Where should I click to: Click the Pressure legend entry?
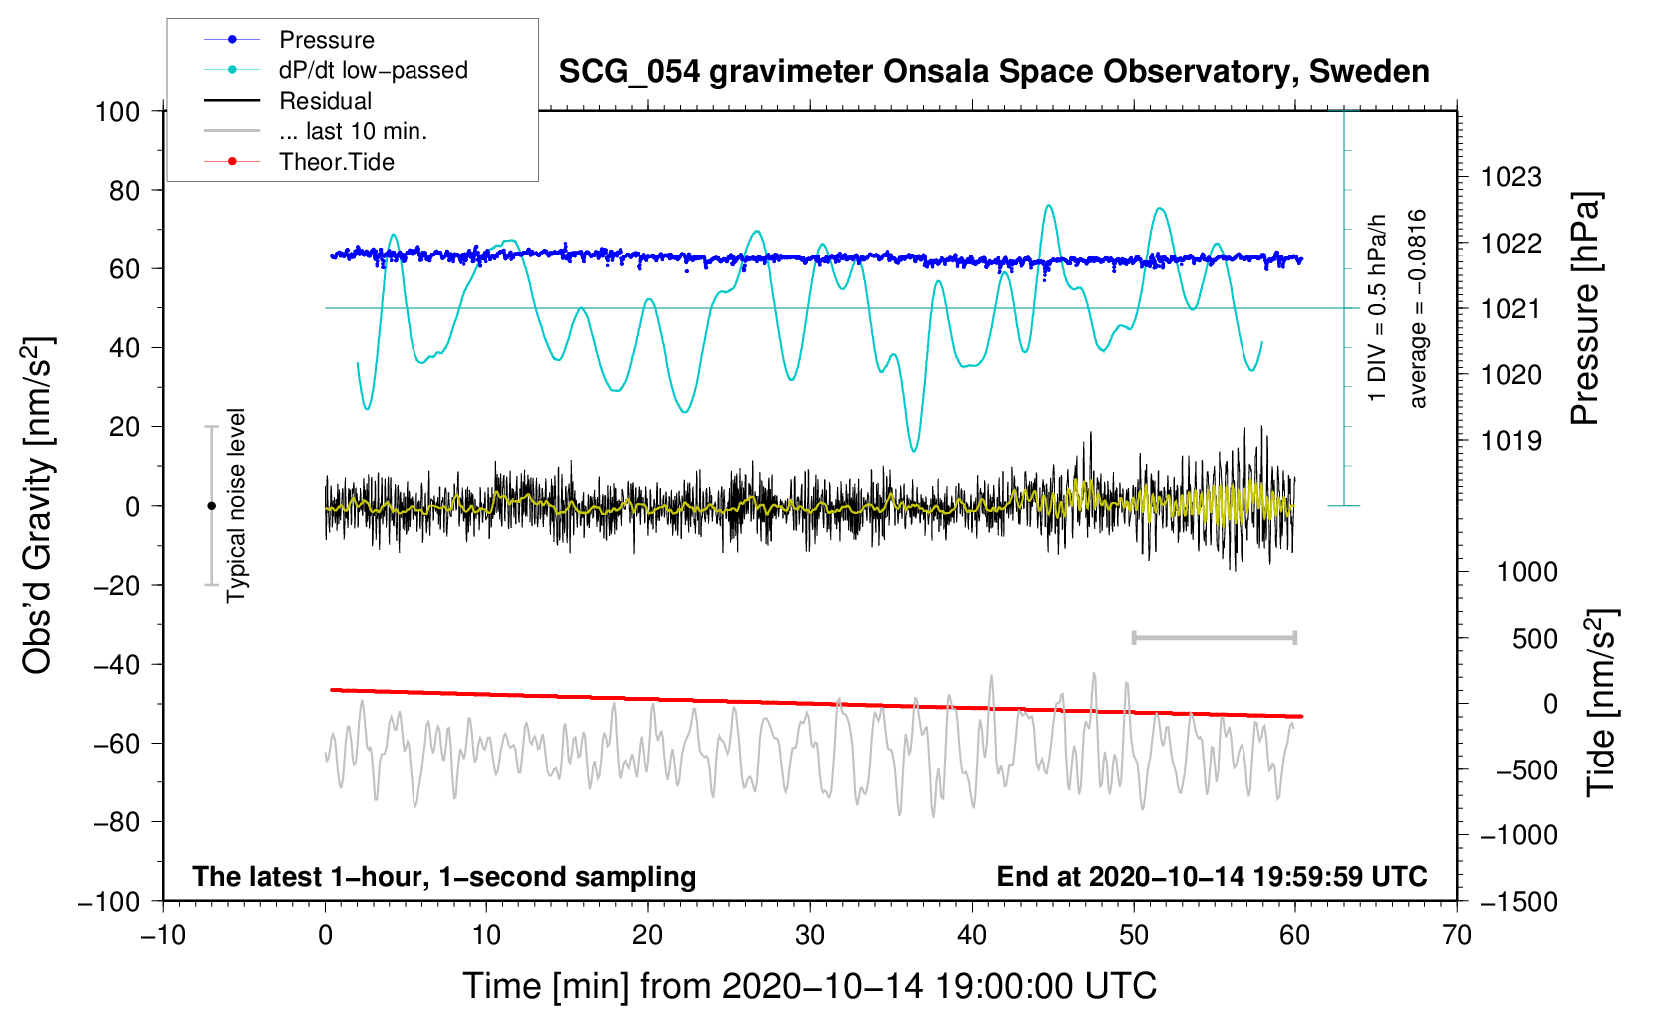[x=289, y=39]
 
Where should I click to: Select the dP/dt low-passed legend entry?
[x=336, y=70]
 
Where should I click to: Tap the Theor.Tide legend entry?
[x=299, y=162]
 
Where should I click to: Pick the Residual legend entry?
[x=288, y=101]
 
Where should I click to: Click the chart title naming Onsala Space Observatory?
[x=994, y=72]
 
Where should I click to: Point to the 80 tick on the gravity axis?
[x=124, y=191]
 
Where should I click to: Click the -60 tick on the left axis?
[x=117, y=744]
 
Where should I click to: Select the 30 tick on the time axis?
[x=810, y=936]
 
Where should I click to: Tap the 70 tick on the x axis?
[x=1456, y=936]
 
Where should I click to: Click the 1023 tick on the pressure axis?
[x=1511, y=177]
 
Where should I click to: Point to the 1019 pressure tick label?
[x=1511, y=441]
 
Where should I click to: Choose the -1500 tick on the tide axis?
[x=1519, y=902]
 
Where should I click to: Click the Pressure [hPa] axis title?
[x=1585, y=308]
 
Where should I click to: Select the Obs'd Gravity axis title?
[x=37, y=506]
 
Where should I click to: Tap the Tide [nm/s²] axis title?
[x=1602, y=704]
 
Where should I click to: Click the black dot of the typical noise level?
[x=211, y=506]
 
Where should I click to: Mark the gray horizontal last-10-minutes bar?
[x=1214, y=637]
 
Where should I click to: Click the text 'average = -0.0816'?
[x=1417, y=308]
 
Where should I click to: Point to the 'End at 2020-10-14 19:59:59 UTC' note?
[x=1212, y=876]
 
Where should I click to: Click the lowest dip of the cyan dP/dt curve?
[x=914, y=450]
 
